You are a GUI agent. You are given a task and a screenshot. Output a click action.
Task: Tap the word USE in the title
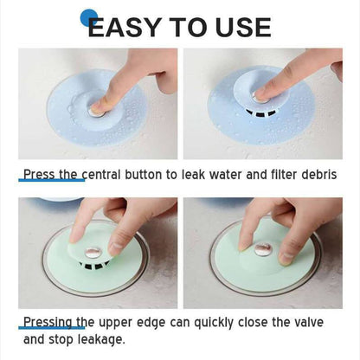[x=243, y=27]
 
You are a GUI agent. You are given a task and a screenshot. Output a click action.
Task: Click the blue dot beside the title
[x=88, y=18]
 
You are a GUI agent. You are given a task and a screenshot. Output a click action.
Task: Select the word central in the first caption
[x=101, y=175]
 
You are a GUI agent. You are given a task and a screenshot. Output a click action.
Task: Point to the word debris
[x=319, y=175]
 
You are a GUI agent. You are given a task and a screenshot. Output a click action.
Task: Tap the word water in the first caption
[x=226, y=175]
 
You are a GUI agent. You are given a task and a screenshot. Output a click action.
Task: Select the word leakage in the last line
[x=101, y=340]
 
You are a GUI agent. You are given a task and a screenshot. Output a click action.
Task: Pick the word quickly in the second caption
[x=213, y=323]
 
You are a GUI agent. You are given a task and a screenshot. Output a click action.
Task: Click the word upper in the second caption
[x=116, y=323]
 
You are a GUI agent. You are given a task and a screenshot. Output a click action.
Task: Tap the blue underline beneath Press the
[x=52, y=180]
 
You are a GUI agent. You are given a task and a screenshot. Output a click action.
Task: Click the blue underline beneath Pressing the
[x=52, y=328]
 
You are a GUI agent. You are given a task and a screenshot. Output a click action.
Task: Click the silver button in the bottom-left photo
[x=93, y=253]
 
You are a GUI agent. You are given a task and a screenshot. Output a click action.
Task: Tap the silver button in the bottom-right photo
[x=262, y=249]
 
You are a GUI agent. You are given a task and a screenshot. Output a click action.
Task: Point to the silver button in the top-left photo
[x=97, y=112]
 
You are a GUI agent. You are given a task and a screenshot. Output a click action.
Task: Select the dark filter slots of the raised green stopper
[x=94, y=266]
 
